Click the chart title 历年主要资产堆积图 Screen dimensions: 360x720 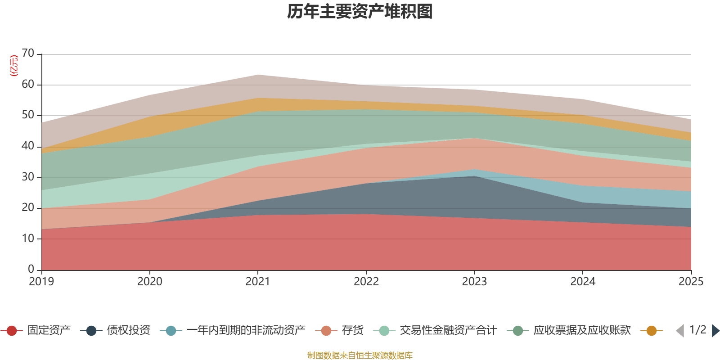(x=360, y=12)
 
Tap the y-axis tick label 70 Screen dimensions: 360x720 (x=28, y=53)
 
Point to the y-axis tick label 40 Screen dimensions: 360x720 (x=28, y=146)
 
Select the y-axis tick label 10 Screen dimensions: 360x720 (x=28, y=238)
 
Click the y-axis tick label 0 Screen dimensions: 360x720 (x=31, y=269)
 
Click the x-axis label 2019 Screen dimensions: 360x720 (x=41, y=282)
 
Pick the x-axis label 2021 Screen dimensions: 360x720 (x=258, y=282)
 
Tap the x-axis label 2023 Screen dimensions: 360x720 (x=474, y=282)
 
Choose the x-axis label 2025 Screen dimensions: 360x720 (x=691, y=282)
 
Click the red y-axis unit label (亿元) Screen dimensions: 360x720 (x=14, y=66)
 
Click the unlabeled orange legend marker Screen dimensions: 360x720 (x=651, y=331)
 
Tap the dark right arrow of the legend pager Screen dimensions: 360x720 (x=715, y=331)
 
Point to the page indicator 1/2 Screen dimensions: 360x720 (x=697, y=330)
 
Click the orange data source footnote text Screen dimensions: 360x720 (x=360, y=355)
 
